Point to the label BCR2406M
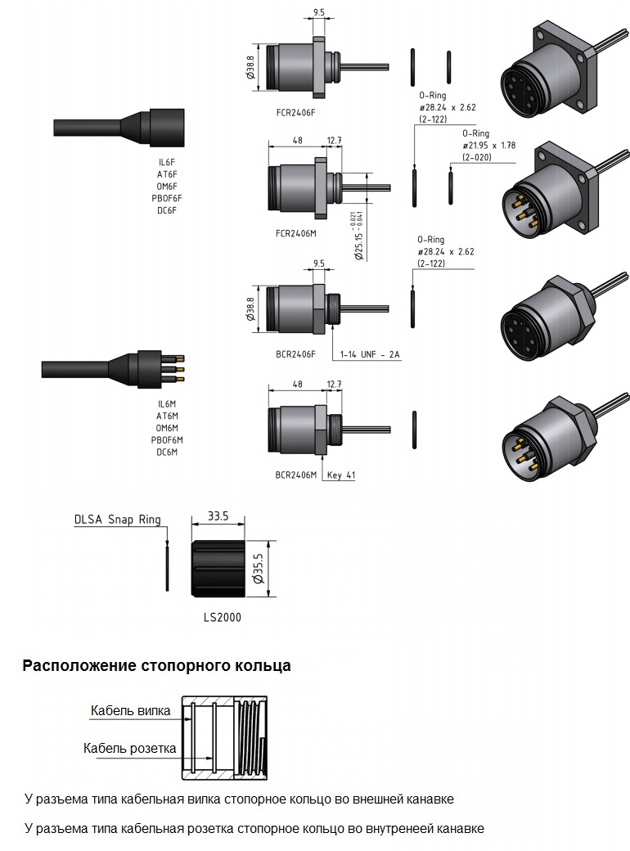point(295,475)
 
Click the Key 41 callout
point(341,475)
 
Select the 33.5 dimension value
point(218,516)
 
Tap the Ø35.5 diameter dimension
point(259,566)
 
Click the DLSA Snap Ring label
point(117,519)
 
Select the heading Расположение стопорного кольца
point(156,665)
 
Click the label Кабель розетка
point(130,748)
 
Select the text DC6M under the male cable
point(167,452)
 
